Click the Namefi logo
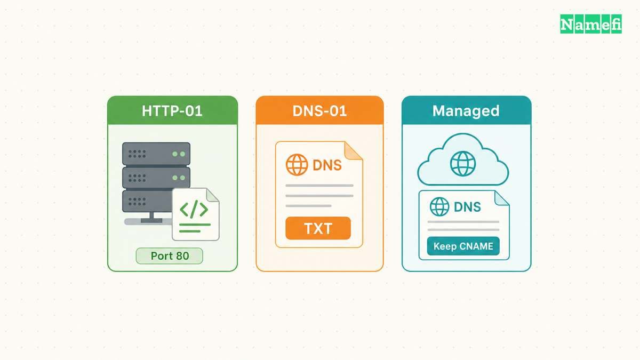pyautogui.click(x=590, y=24)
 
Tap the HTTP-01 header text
pyautogui.click(x=172, y=111)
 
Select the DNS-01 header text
pyautogui.click(x=319, y=111)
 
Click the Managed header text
pyautogui.click(x=466, y=111)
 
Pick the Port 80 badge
pyautogui.click(x=170, y=255)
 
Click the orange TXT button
pyautogui.click(x=318, y=228)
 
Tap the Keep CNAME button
pyautogui.click(x=463, y=246)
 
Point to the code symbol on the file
pyautogui.click(x=194, y=210)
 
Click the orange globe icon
pyautogui.click(x=297, y=165)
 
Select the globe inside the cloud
pyautogui.click(x=463, y=164)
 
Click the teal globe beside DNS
pyautogui.click(x=439, y=206)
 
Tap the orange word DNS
pyautogui.click(x=327, y=165)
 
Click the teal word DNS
pyautogui.click(x=467, y=207)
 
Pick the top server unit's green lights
pyautogui.click(x=179, y=154)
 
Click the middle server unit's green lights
pyautogui.click(x=179, y=178)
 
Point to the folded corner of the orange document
pyautogui.click(x=353, y=150)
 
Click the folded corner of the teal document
pyautogui.click(x=501, y=198)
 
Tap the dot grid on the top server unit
pyautogui.click(x=137, y=154)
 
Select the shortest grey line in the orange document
pyautogui.click(x=308, y=206)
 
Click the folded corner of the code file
pyautogui.click(x=212, y=195)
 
